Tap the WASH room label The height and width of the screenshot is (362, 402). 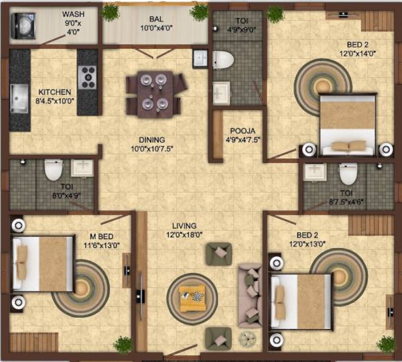(73, 13)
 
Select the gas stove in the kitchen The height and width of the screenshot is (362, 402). (88, 78)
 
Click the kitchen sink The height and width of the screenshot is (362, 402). (19, 96)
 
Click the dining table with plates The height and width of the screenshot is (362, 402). (153, 93)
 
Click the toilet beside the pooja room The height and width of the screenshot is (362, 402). (223, 60)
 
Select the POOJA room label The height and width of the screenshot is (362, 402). (241, 131)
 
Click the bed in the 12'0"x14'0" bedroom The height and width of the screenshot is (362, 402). (347, 125)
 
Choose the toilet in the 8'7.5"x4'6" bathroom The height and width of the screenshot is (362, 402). (347, 174)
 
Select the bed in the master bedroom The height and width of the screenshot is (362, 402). (43, 263)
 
